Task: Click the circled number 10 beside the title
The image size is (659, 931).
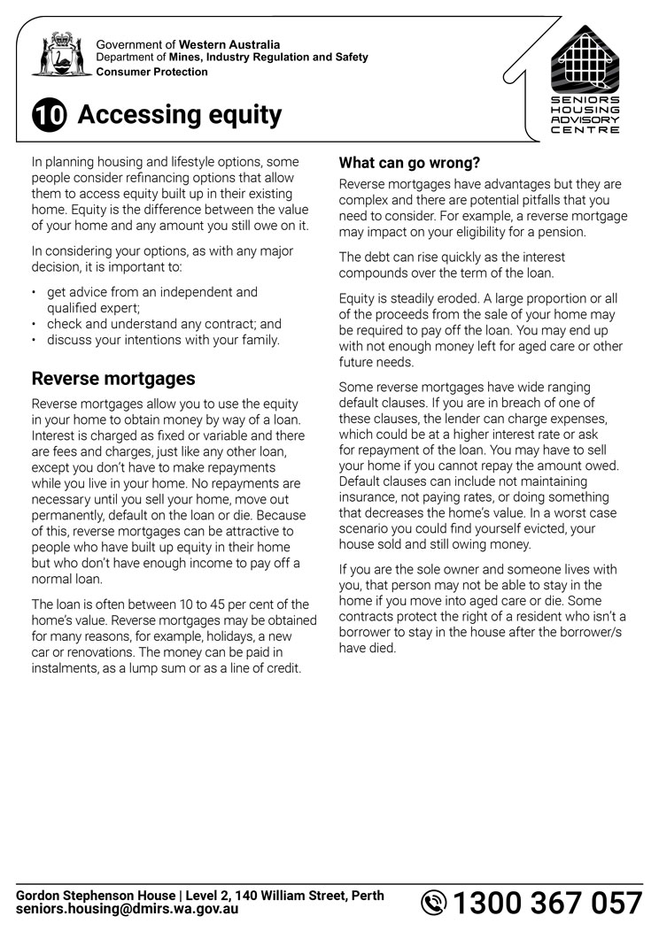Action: click(x=50, y=117)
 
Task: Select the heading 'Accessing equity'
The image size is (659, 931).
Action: click(x=180, y=115)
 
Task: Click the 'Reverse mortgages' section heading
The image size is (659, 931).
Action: click(x=113, y=379)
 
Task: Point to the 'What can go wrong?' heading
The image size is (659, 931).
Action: click(x=409, y=163)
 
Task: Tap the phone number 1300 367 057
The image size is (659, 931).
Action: click(x=547, y=904)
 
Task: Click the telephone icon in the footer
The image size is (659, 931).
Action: click(x=434, y=904)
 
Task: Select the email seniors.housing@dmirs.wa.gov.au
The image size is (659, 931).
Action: click(x=127, y=910)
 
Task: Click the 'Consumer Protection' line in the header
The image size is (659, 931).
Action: click(x=151, y=72)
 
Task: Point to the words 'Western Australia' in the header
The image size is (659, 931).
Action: click(x=229, y=44)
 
